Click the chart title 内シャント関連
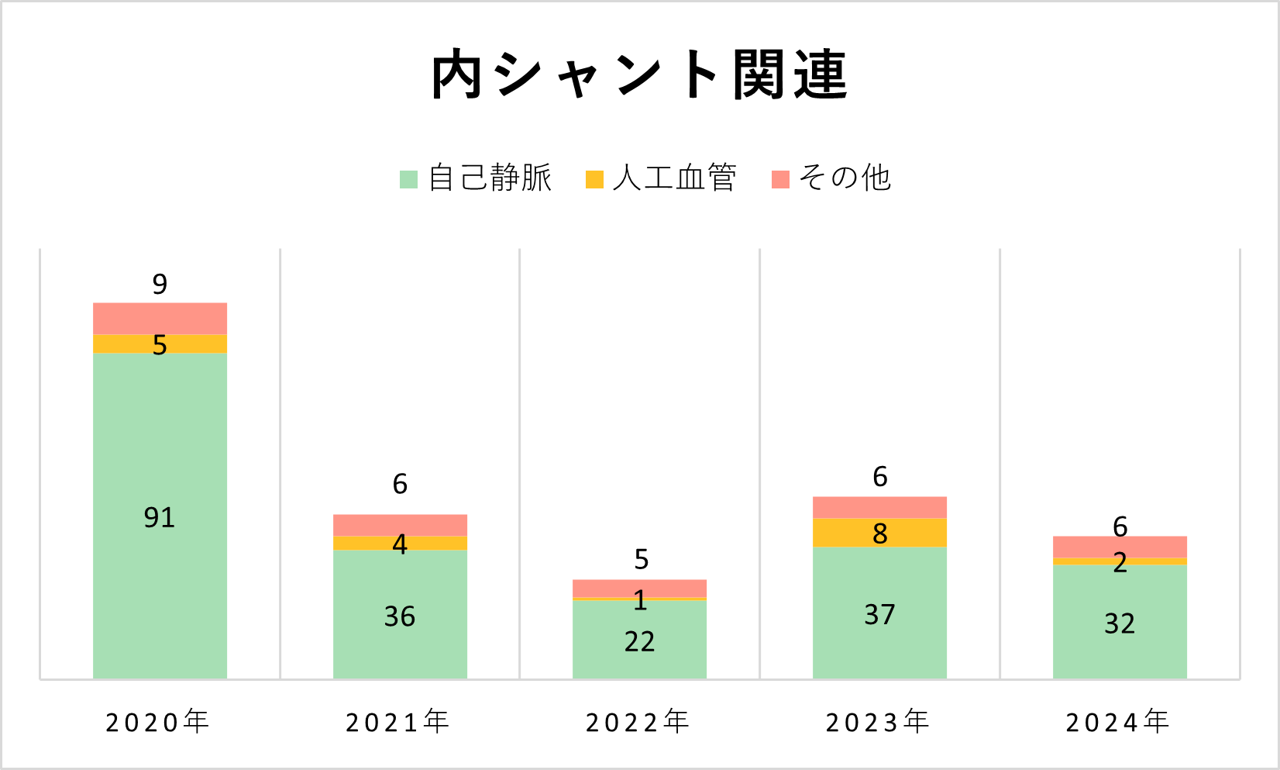[x=639, y=75]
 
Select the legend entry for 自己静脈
[x=475, y=178]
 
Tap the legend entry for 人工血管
[x=660, y=178]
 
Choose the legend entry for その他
[x=831, y=178]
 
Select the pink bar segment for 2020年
[x=160, y=318]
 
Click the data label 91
[x=160, y=517]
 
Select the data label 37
[x=879, y=615]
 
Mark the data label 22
[x=639, y=641]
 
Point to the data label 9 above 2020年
[x=160, y=285]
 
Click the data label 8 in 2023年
[x=879, y=533]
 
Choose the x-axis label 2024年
[x=1118, y=722]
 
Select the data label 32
[x=1120, y=623]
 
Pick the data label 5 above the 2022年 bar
[x=641, y=559]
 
